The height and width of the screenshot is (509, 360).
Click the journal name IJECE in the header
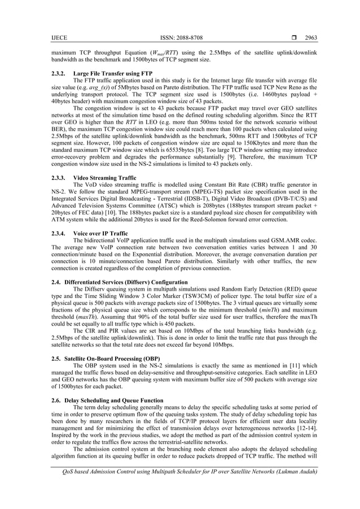(59, 38)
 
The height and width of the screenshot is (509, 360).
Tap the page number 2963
(311, 38)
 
